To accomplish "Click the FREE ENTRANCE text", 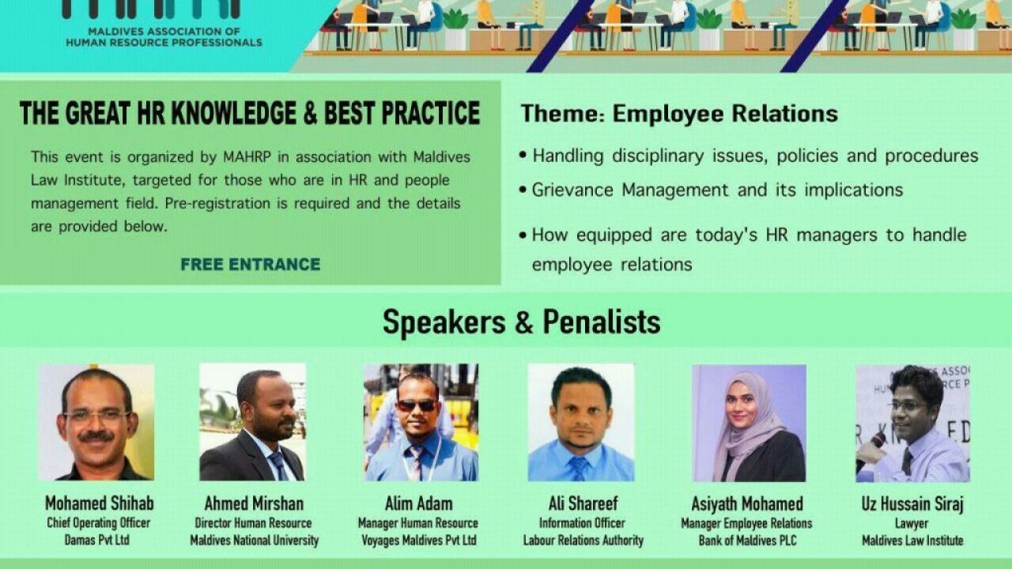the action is (251, 264).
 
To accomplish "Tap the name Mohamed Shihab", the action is (100, 503).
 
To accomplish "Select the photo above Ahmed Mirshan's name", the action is (252, 422).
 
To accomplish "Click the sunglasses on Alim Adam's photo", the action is (416, 405).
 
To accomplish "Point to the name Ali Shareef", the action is (583, 503).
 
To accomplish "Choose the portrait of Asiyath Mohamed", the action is (749, 423).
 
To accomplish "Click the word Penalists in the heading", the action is (602, 322).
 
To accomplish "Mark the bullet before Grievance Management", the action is (523, 190).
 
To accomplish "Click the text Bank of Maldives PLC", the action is (747, 540).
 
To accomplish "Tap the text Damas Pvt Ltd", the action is (96, 540).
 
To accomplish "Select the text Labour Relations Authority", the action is (583, 540).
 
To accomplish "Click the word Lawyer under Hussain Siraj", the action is (912, 523).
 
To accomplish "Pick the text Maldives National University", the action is (255, 540).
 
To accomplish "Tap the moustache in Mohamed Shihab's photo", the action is (96, 436).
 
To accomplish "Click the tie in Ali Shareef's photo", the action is (579, 468).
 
